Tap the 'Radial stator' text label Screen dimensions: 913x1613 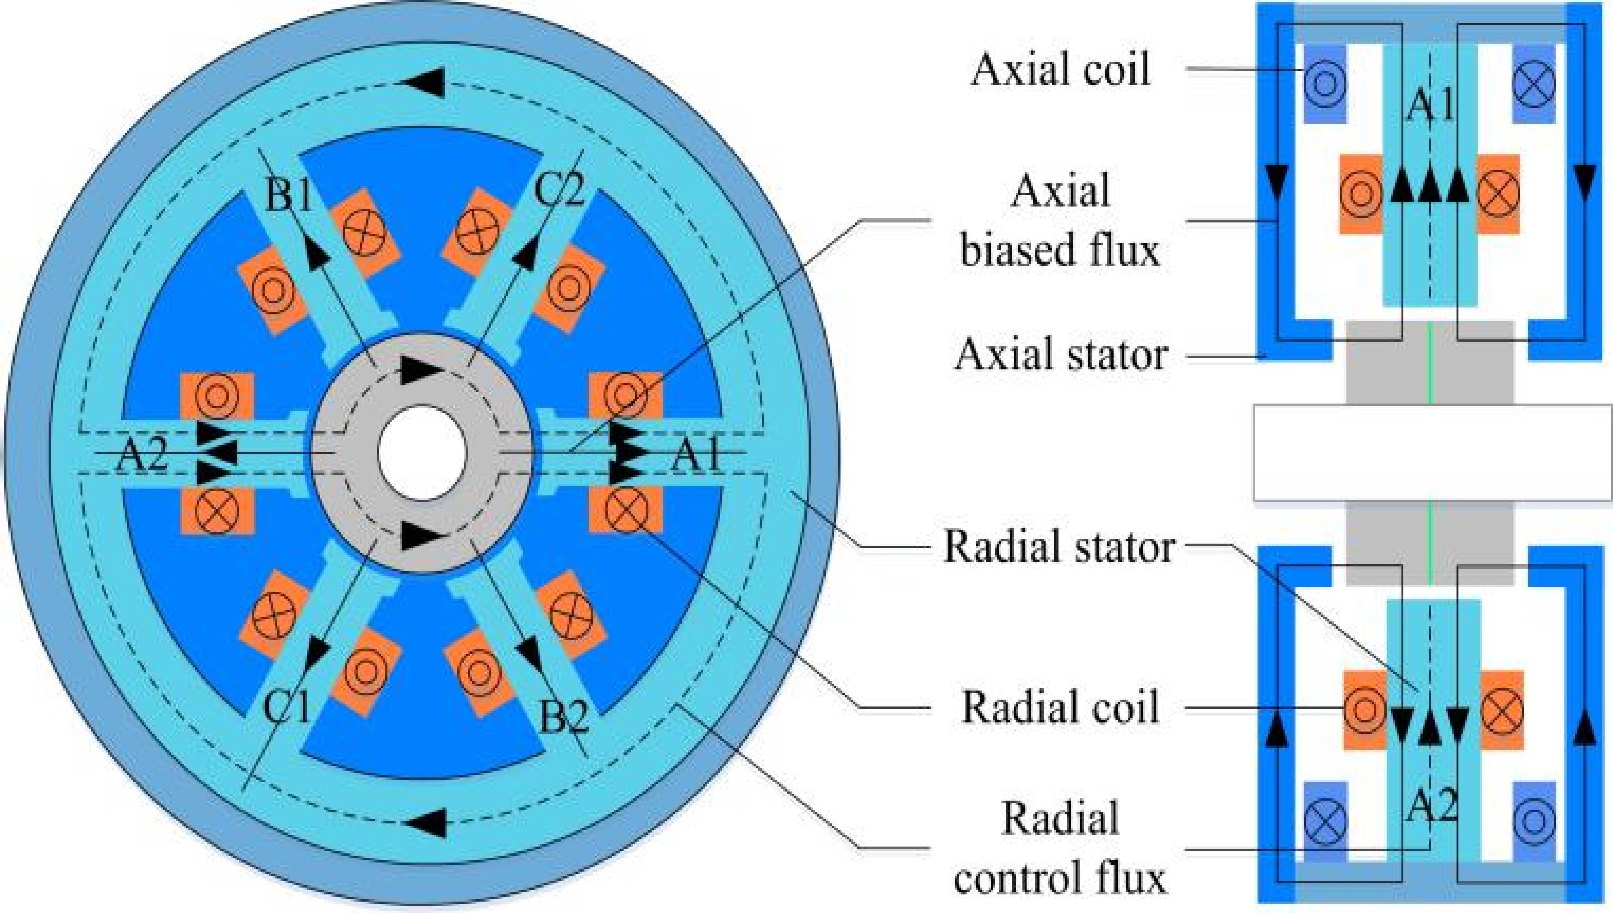(1058, 547)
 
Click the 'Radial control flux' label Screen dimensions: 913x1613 (1060, 848)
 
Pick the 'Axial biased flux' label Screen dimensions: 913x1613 (1060, 221)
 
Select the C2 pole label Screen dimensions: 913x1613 (559, 189)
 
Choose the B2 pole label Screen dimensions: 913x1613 (563, 718)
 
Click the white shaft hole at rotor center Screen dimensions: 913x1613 (422, 452)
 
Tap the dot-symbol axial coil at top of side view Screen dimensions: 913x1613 (1324, 84)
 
